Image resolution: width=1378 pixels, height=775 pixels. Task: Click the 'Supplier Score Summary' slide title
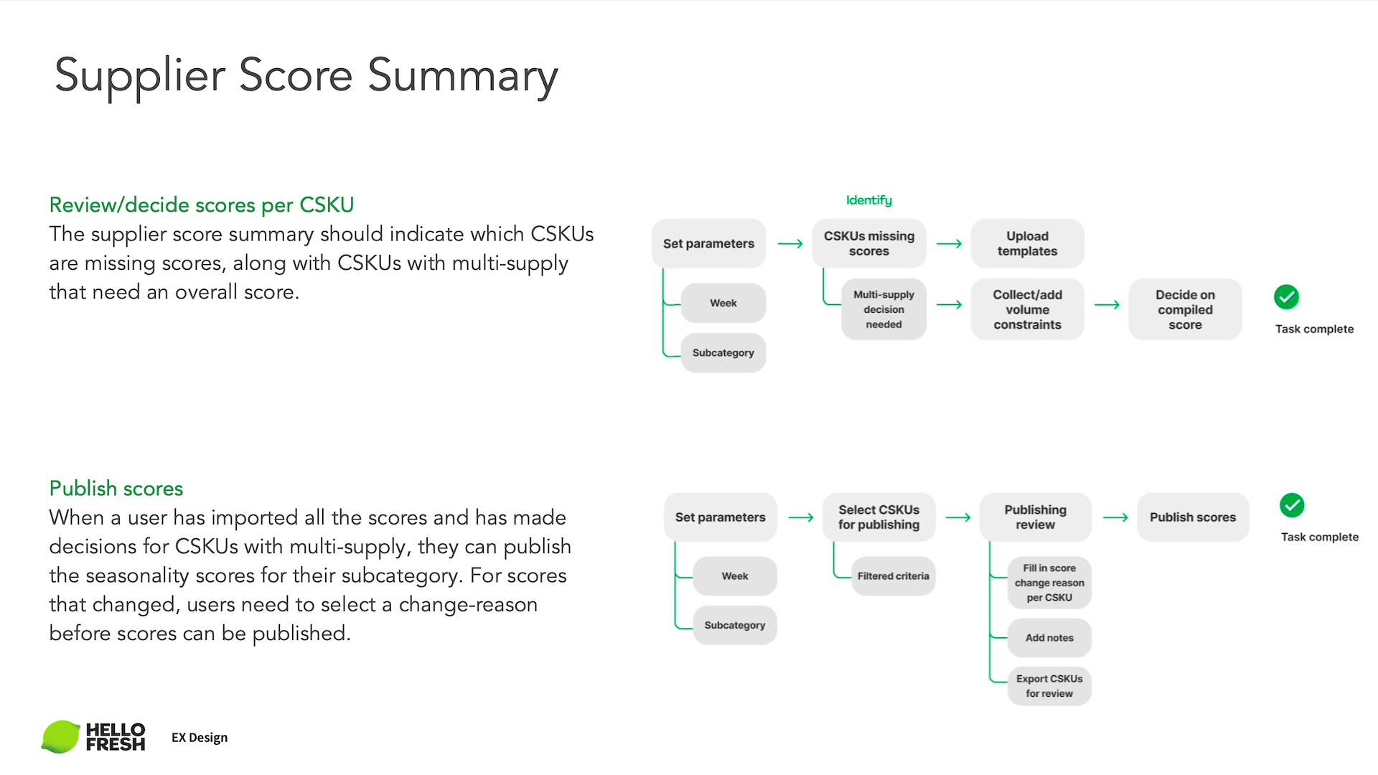tap(306, 75)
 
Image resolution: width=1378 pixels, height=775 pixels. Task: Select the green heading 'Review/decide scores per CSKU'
tap(202, 205)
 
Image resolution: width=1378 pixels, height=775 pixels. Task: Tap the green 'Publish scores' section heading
tap(116, 489)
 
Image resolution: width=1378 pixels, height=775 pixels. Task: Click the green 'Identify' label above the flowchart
tap(868, 200)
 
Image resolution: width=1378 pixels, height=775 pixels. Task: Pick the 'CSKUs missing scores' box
tap(868, 243)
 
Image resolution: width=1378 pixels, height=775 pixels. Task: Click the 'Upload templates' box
tap(1027, 243)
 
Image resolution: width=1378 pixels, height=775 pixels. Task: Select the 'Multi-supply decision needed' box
tap(883, 309)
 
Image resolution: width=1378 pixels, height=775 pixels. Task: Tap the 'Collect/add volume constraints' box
tap(1027, 309)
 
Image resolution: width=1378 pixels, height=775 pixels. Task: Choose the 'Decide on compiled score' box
tap(1185, 309)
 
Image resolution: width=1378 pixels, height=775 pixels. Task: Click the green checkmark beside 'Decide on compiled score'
tap(1286, 297)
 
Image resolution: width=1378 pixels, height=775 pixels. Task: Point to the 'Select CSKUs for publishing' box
tap(878, 517)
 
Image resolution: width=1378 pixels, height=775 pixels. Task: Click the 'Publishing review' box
tap(1035, 517)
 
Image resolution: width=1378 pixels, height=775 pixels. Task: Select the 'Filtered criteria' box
tap(893, 576)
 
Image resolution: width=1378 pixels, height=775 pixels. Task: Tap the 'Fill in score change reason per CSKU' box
tap(1049, 583)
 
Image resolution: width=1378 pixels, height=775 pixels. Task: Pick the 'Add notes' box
tap(1049, 637)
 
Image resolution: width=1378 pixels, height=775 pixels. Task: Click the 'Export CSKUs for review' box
tap(1049, 686)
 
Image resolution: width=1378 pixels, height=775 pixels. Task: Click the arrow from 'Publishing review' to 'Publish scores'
tap(1115, 517)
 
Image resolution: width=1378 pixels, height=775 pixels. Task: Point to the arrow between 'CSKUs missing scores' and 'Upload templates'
tap(949, 244)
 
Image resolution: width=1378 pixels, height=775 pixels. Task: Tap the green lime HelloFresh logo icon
tap(61, 737)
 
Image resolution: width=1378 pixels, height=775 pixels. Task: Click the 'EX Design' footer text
tap(200, 738)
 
